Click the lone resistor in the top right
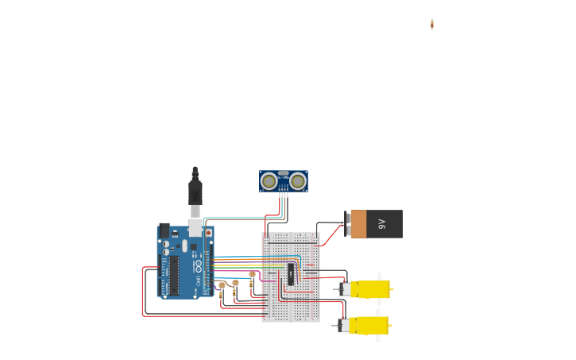(x=432, y=25)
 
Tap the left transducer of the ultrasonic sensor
(x=269, y=181)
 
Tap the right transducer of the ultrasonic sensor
(x=298, y=181)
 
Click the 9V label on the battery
(x=381, y=223)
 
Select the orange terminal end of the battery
(x=358, y=224)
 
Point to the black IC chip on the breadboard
(x=291, y=274)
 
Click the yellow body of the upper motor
(x=372, y=289)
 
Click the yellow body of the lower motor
(x=371, y=325)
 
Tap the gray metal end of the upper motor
(x=344, y=289)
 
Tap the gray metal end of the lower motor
(x=343, y=325)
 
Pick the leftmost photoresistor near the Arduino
(x=222, y=285)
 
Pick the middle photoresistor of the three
(x=235, y=284)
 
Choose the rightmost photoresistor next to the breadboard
(x=252, y=275)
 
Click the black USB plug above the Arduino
(x=195, y=192)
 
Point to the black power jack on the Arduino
(x=164, y=231)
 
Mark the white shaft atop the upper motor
(x=380, y=277)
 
